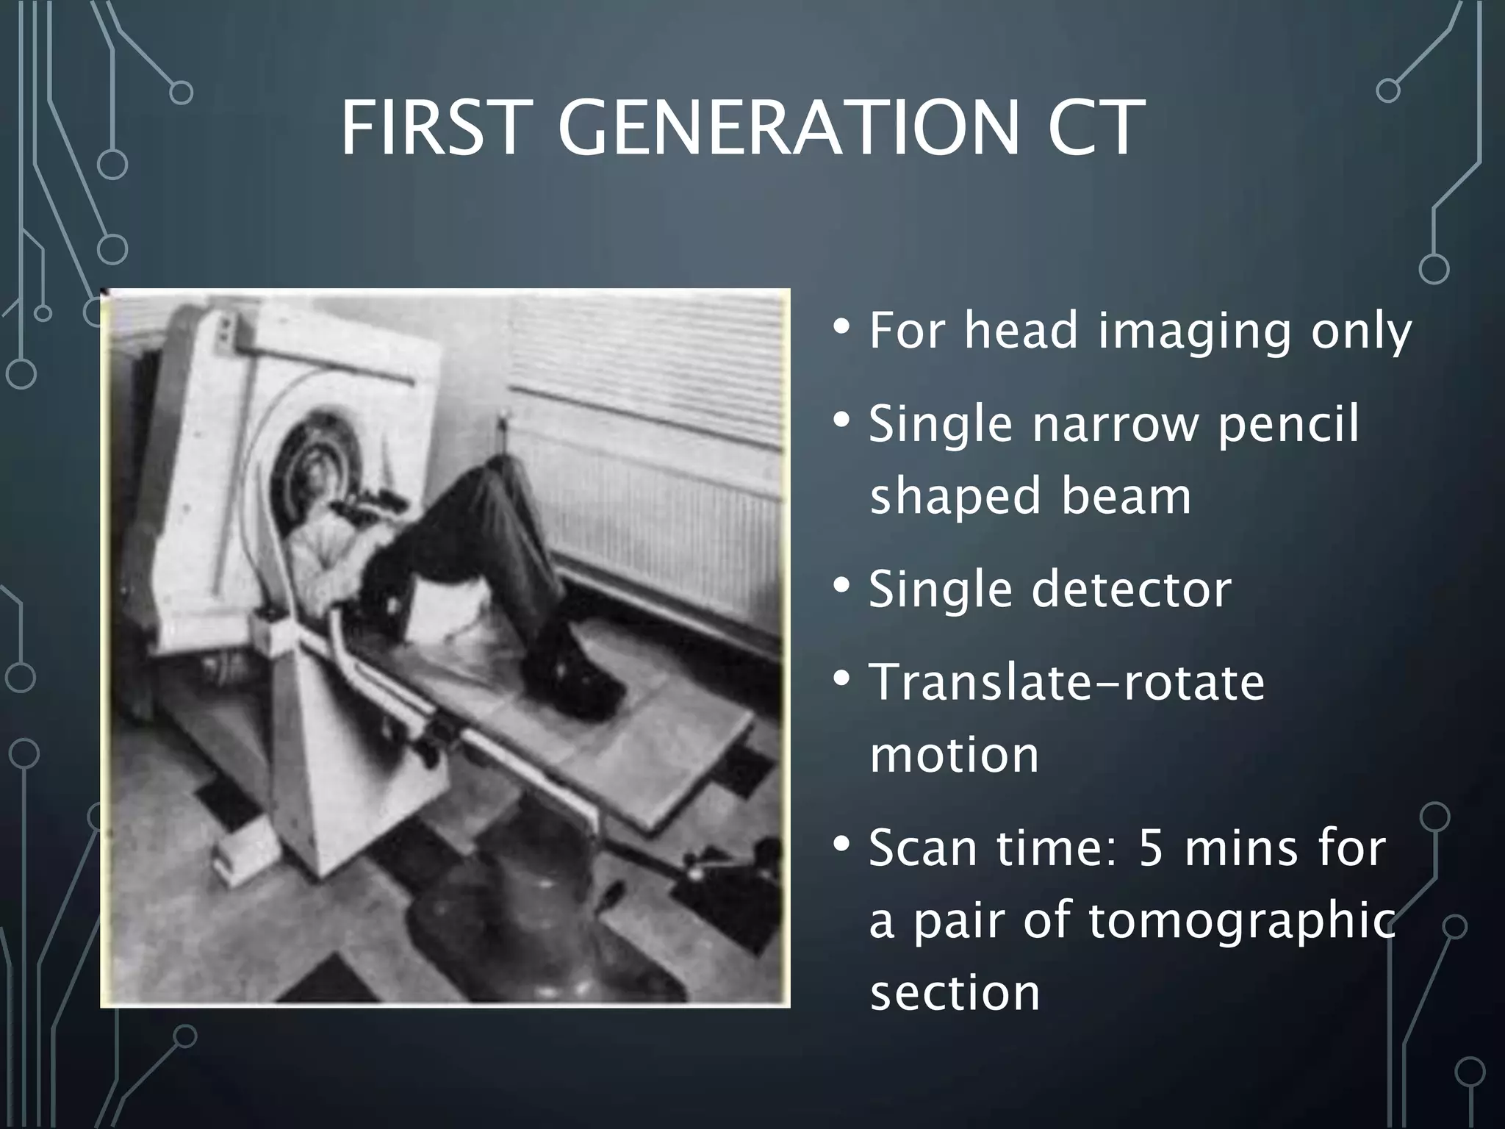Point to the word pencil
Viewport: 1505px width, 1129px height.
pyautogui.click(x=1287, y=424)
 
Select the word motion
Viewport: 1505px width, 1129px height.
pyautogui.click(x=954, y=755)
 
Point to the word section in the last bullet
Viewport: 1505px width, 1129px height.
pyautogui.click(x=954, y=993)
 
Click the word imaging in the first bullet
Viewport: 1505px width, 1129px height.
pyautogui.click(x=1193, y=331)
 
